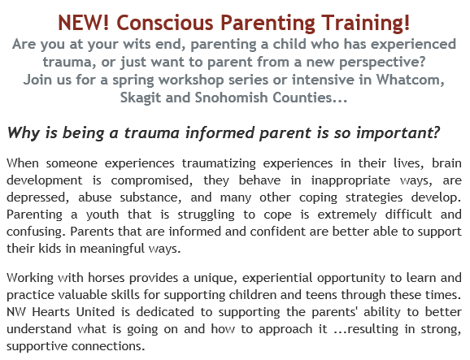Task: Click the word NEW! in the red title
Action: (83, 23)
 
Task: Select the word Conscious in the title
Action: (164, 23)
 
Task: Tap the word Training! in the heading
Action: (366, 24)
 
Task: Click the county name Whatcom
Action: (410, 80)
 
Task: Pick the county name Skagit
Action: (141, 98)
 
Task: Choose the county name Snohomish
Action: (231, 98)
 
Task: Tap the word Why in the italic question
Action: (24, 133)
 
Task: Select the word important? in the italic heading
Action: (398, 133)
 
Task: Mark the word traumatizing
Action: (219, 164)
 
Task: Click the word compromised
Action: (152, 181)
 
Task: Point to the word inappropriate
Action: (350, 181)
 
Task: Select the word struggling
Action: (206, 215)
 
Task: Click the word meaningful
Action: (112, 249)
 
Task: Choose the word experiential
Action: (277, 279)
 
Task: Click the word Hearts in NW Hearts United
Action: (51, 312)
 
